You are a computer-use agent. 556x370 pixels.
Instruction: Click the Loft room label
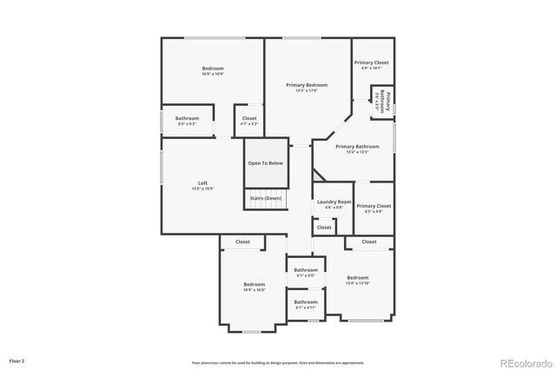click(202, 184)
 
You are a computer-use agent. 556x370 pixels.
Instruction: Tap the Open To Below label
click(265, 162)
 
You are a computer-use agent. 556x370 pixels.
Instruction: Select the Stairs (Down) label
click(265, 198)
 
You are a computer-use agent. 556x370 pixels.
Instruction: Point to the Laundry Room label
click(333, 203)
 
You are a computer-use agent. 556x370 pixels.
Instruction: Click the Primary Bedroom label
click(308, 86)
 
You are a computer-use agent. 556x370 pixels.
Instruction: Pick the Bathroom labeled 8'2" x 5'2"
click(187, 120)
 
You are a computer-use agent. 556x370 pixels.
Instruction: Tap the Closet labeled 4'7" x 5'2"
click(248, 120)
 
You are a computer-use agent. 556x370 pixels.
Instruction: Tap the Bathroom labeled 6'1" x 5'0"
click(306, 272)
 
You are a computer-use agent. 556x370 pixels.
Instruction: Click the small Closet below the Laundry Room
click(323, 228)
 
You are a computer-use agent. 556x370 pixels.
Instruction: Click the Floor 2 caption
click(17, 360)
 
